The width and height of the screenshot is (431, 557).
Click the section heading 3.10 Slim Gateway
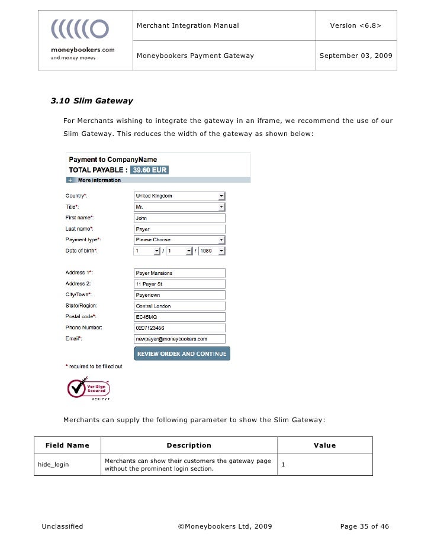92,101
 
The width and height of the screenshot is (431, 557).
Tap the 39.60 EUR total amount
150,170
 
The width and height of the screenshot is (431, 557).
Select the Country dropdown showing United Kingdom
180,196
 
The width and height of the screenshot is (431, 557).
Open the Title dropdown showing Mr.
180,207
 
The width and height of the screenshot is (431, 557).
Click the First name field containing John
180,218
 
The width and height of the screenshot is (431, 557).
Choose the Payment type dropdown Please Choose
180,240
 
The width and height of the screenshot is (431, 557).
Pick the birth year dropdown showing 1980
212,251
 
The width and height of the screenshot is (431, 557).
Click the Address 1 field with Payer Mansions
180,273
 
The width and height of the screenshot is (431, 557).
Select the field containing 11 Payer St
180,284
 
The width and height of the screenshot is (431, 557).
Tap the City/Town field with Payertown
180,295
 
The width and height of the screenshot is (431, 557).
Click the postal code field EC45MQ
180,317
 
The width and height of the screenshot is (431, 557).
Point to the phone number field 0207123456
180,328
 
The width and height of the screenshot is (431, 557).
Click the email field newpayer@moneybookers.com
180,339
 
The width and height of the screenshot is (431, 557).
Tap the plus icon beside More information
70,180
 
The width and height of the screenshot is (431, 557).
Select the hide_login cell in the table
53,465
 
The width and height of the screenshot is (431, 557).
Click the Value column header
324,445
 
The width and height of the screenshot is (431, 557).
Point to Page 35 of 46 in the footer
365,526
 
